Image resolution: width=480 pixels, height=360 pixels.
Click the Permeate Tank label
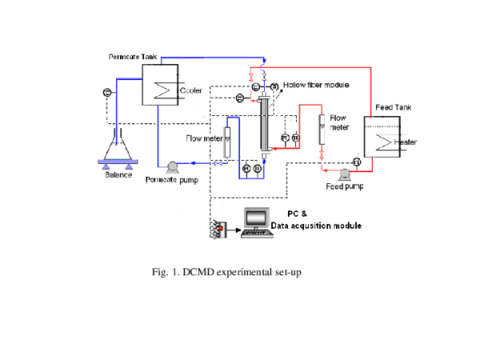pos(134,57)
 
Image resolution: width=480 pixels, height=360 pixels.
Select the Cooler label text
pos(190,90)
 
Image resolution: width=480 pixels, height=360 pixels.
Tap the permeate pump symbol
pos(170,166)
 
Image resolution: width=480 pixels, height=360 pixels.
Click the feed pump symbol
pos(345,174)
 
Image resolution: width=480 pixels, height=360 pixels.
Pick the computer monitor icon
pos(258,219)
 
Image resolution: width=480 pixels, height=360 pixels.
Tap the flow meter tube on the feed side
pos(322,128)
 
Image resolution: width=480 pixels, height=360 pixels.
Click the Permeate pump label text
pos(171,179)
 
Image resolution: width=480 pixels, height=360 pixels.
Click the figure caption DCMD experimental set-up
pos(226,273)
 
